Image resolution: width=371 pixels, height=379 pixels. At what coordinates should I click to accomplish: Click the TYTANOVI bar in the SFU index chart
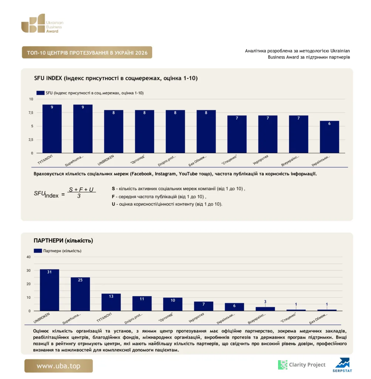pos(52,128)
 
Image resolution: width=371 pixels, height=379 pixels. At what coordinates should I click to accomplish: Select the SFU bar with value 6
pos(329,137)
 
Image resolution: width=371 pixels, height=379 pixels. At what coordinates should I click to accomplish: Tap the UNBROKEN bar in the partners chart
pos(49,290)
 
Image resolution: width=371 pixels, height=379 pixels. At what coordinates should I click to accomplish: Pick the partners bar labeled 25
pos(80,294)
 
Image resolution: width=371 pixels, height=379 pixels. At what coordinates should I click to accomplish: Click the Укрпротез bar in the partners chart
pos(204,306)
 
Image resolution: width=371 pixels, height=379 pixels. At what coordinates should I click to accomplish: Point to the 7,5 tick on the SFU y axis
pos(31,113)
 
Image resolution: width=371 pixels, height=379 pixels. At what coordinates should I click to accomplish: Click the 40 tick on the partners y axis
pos(28,257)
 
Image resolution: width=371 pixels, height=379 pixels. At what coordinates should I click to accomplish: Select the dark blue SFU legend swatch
pos(40,93)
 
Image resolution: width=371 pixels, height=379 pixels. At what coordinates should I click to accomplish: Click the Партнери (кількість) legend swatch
pos(38,251)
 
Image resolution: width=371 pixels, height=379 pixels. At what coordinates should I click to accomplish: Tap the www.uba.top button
pos(58,366)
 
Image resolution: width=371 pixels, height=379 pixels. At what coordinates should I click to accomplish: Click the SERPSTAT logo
pos(342,365)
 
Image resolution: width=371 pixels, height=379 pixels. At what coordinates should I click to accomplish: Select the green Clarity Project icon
pos(282,365)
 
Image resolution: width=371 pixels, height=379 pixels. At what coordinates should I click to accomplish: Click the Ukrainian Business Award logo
pos(42,23)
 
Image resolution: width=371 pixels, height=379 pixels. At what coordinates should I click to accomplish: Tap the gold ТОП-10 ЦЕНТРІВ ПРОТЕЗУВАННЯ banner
pos(87,53)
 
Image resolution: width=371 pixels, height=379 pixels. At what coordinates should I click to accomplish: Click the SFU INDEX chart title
pos(116,78)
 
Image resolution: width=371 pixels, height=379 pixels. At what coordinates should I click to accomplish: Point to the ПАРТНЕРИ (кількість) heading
pos(63,241)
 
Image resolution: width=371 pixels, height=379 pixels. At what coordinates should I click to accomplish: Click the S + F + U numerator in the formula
pos(81,189)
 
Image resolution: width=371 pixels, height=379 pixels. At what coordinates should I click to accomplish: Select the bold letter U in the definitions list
pos(113,204)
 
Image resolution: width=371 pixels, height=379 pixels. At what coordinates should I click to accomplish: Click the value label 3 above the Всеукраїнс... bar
pos(265,302)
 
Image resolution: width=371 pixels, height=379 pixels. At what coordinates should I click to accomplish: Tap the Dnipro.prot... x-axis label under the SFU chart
pos(167,161)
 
